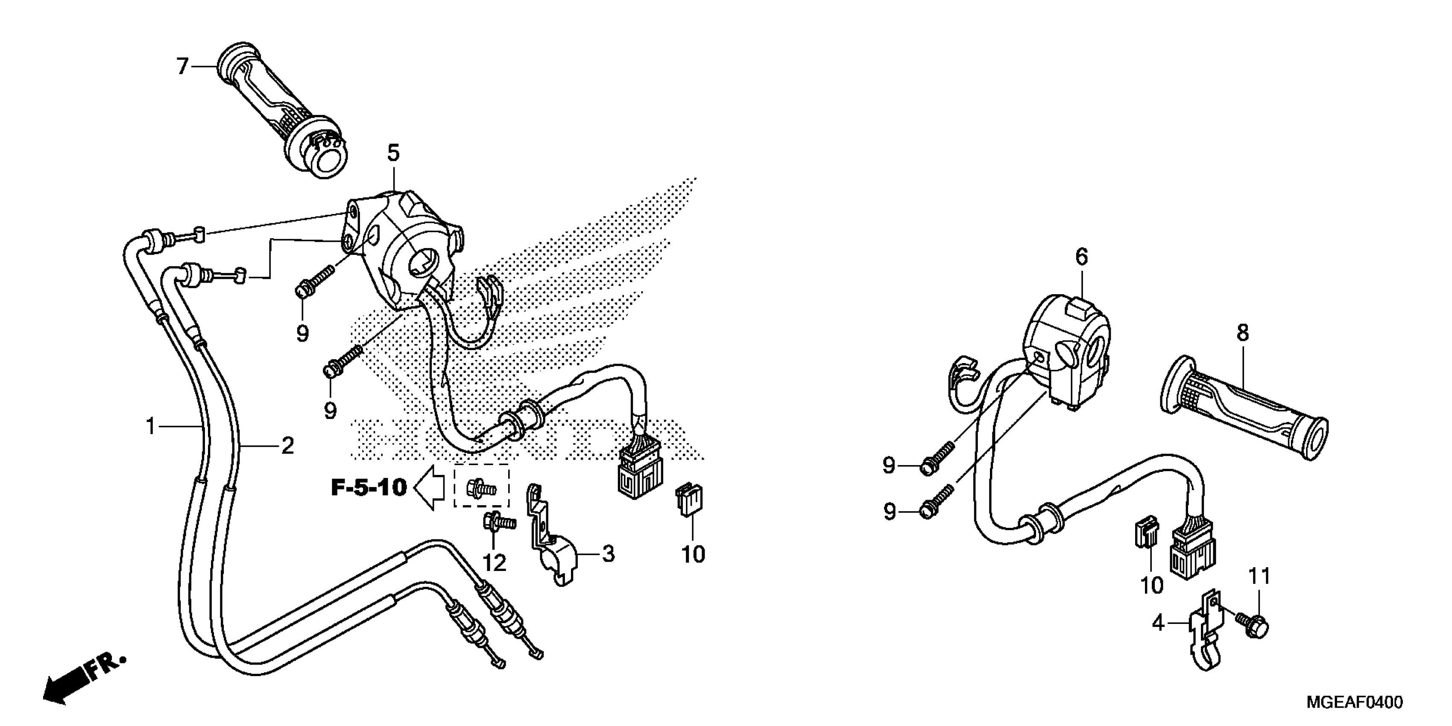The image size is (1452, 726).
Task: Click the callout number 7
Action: [x=181, y=67]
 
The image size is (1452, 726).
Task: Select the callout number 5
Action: [x=393, y=153]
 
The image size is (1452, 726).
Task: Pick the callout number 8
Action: [x=1243, y=333]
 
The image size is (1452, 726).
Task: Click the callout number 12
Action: [x=495, y=562]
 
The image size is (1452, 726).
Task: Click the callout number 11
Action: [x=1260, y=576]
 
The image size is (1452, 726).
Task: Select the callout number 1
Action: [x=150, y=426]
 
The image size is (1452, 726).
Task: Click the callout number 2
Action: [x=287, y=446]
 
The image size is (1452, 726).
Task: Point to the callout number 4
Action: [x=1158, y=624]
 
